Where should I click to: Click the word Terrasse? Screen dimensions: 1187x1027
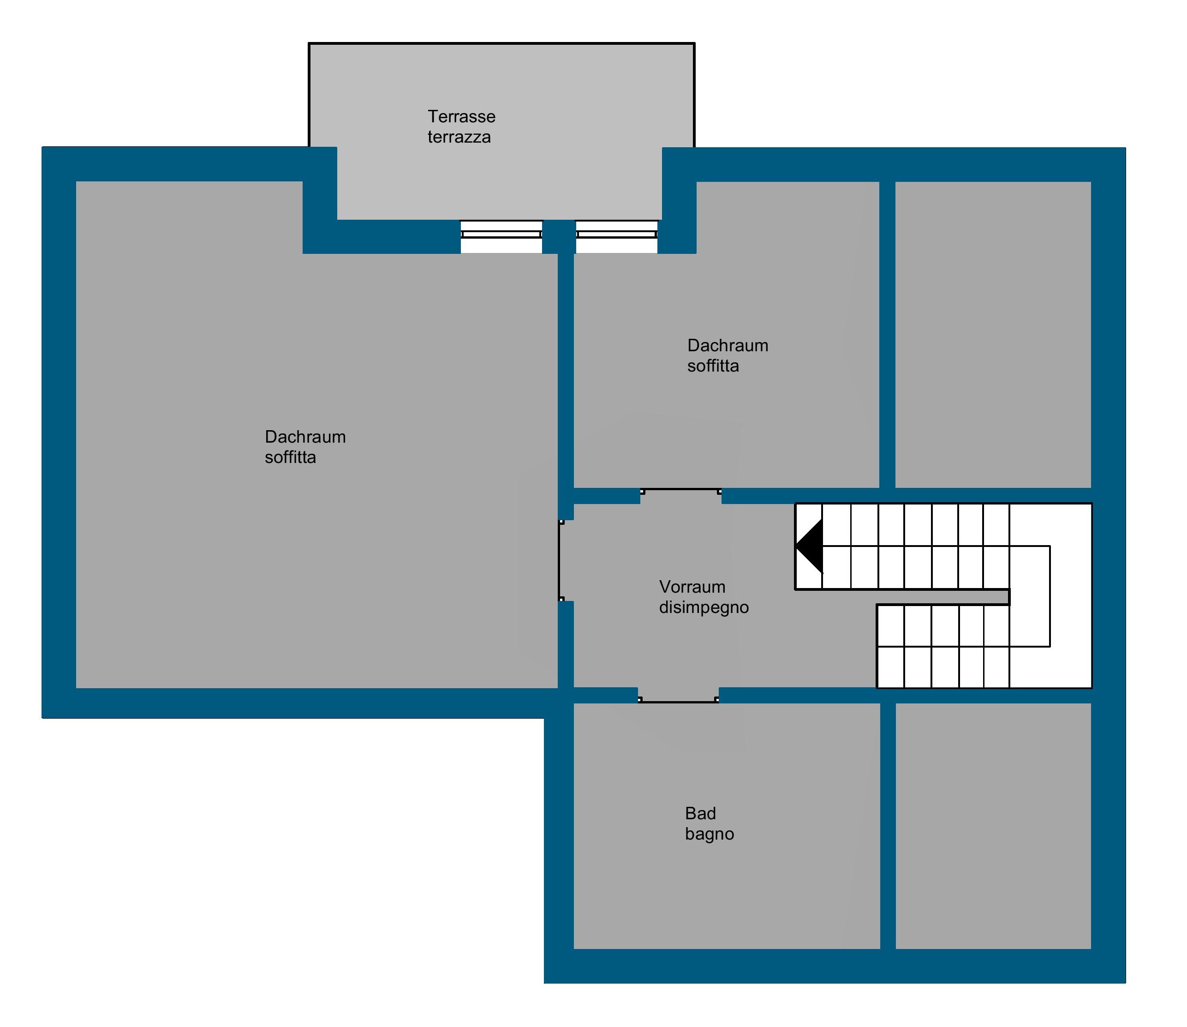point(461,116)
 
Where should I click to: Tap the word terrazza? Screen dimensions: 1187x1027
point(459,137)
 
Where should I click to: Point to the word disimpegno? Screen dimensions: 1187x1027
point(704,607)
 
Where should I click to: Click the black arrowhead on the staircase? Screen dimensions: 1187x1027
point(809,546)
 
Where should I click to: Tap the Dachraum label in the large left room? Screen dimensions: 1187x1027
point(305,437)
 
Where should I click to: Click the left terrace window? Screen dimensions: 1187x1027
point(501,236)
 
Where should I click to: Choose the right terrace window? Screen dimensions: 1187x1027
point(616,236)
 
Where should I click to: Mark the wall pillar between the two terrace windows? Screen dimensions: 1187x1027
point(559,236)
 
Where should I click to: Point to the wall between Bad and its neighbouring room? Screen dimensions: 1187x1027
point(888,826)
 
